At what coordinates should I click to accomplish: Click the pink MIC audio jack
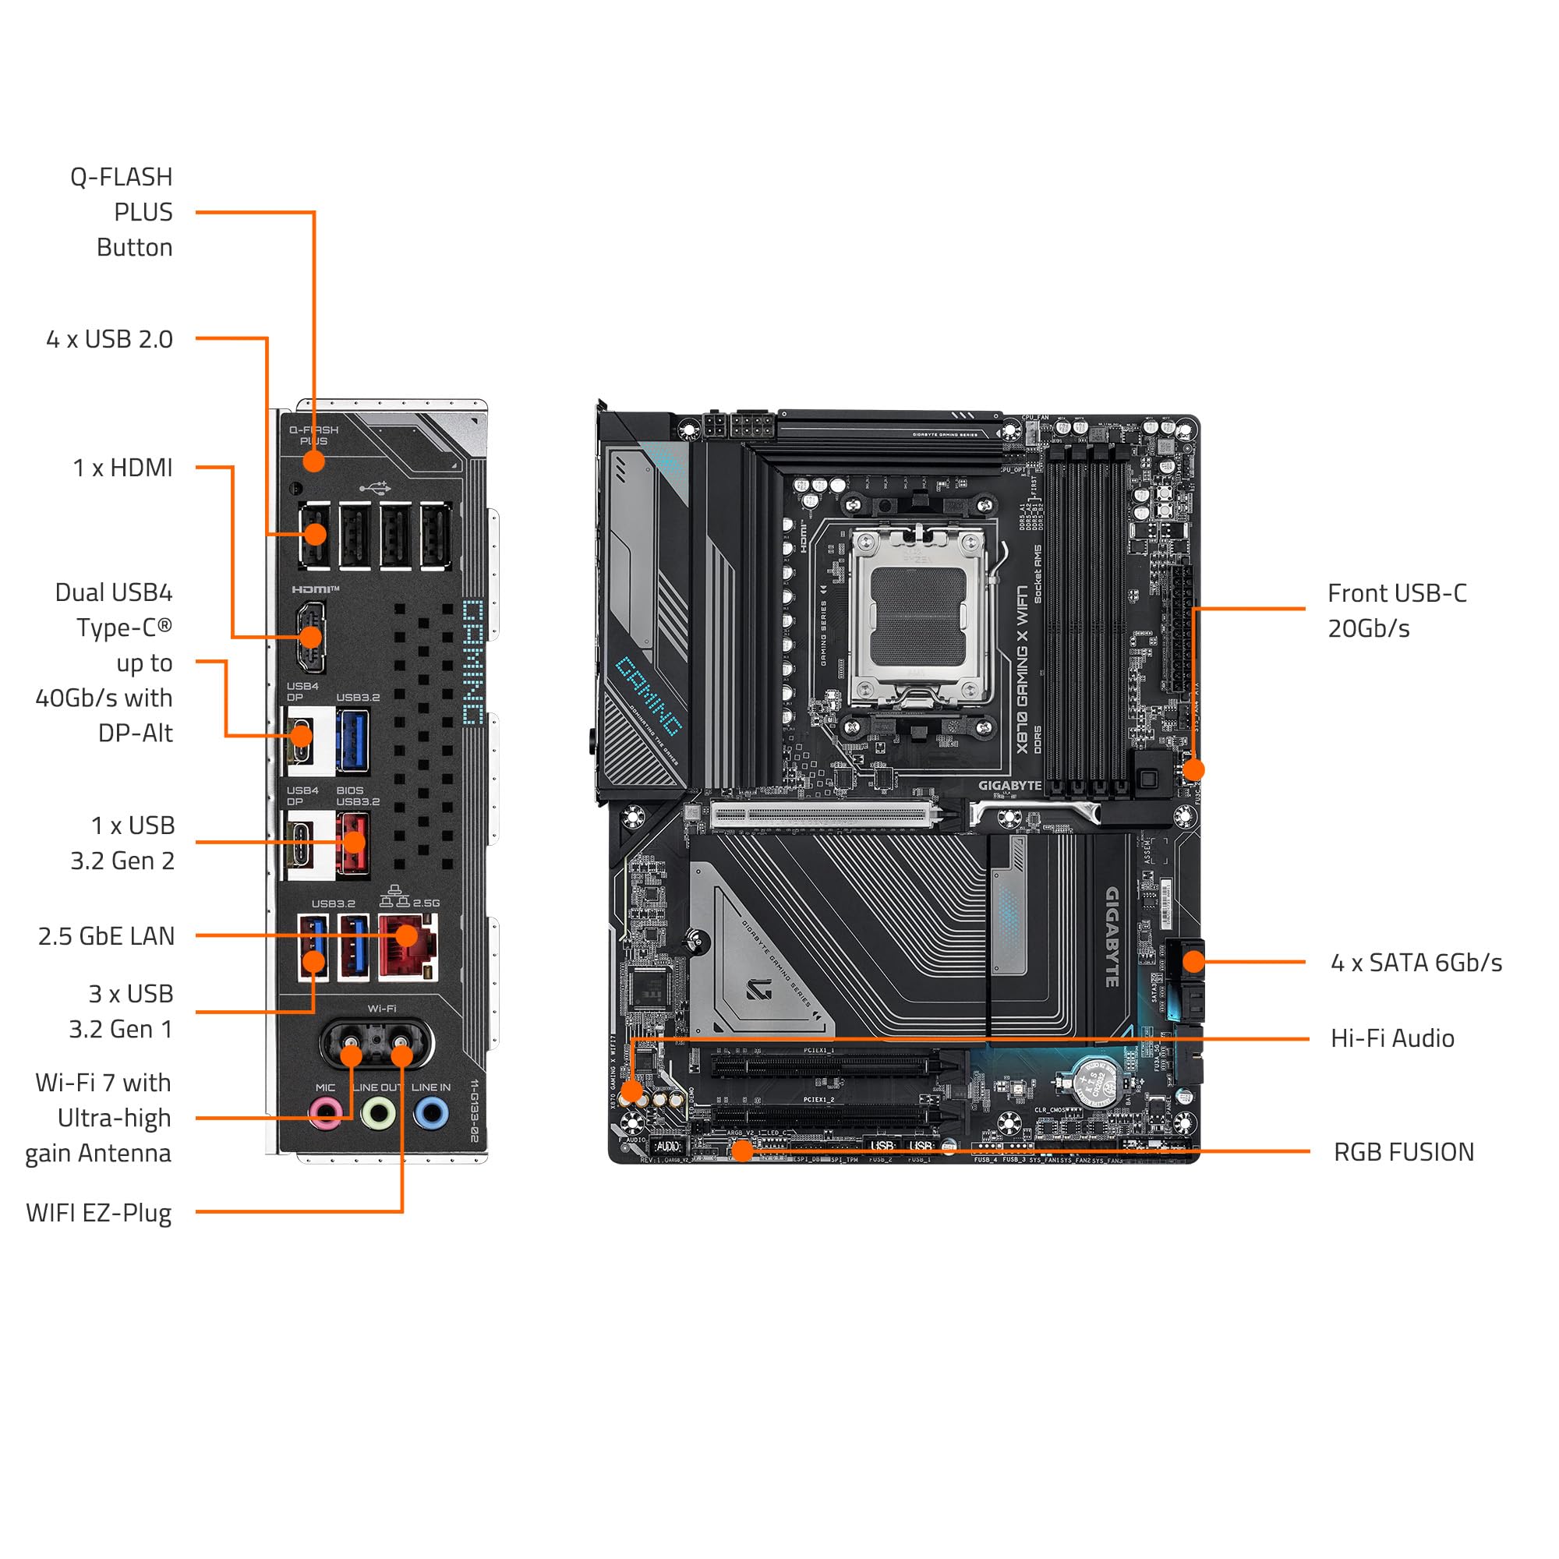click(325, 1115)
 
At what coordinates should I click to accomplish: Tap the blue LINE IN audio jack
click(431, 1115)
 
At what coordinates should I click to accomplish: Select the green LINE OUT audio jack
click(377, 1115)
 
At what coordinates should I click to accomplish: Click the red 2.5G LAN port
click(408, 946)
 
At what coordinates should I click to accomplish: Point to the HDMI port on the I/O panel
click(310, 637)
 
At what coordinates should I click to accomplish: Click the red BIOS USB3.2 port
click(352, 843)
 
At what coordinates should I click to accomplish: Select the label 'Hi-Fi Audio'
click(1392, 1038)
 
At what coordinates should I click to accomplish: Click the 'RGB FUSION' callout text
click(1403, 1152)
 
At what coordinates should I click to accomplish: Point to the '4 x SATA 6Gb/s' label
click(1416, 963)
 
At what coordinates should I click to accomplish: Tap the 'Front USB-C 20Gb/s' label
click(1396, 611)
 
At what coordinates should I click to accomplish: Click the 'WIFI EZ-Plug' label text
click(98, 1213)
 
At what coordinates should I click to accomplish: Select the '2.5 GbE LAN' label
click(106, 936)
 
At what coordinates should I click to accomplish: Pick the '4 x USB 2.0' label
click(110, 339)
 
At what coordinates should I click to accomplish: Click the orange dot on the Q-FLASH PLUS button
click(313, 461)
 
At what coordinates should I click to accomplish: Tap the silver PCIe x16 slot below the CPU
click(823, 815)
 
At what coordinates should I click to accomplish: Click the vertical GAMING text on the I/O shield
click(473, 662)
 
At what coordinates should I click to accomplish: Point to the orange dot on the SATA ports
click(1193, 961)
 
